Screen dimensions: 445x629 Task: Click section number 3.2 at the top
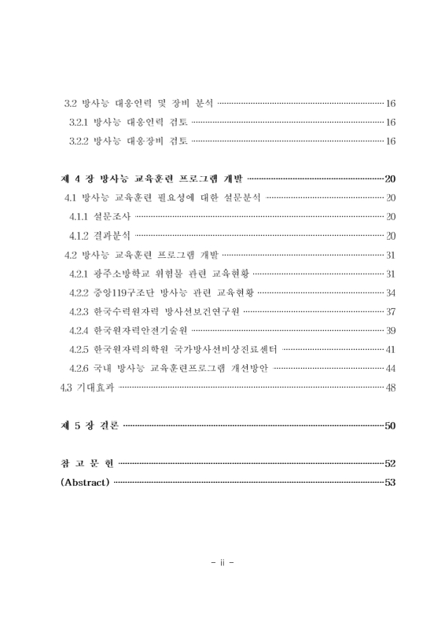pos(70,103)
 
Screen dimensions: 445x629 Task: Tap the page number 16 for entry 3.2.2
pos(391,141)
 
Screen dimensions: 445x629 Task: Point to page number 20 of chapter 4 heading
pos(391,178)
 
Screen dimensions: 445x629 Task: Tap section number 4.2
pos(71,254)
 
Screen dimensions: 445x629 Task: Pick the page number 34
pos(391,292)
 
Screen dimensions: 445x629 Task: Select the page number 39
pos(391,329)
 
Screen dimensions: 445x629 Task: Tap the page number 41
pos(391,348)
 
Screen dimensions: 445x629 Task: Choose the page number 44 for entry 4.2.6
pos(391,367)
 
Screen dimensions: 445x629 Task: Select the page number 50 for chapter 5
pos(391,425)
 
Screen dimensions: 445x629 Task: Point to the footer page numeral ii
pos(222,562)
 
